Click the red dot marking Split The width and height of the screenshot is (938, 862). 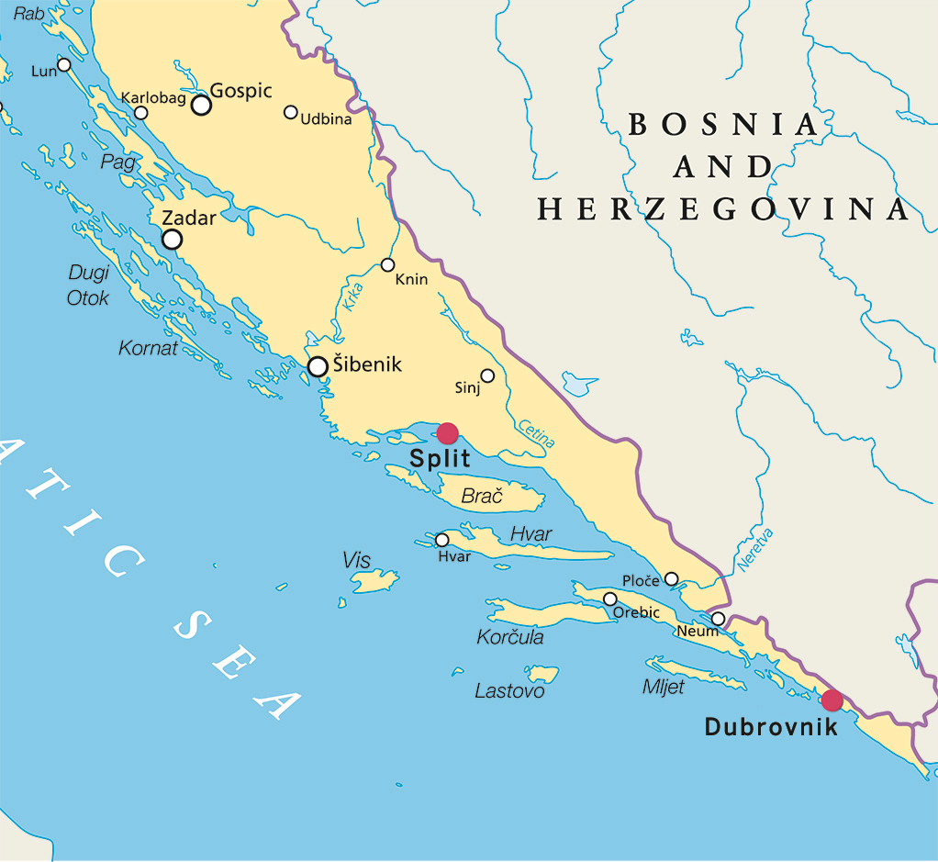coord(447,433)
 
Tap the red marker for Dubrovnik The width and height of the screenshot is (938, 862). coord(832,700)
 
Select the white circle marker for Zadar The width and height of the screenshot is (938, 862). coord(172,240)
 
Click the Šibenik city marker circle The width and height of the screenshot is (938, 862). coord(318,366)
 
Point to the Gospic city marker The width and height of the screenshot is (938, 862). coord(201,105)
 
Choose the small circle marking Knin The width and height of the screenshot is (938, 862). coord(387,265)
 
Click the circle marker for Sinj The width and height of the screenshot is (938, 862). coord(487,375)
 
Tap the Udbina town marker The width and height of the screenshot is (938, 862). coord(291,112)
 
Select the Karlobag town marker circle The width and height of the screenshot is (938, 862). coord(141,113)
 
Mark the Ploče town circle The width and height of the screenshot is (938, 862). coord(671,578)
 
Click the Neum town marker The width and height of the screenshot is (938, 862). coord(718,619)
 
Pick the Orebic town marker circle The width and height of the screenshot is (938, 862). coord(609,599)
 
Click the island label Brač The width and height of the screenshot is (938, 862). coord(482,497)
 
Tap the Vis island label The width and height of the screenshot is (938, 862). coord(356,559)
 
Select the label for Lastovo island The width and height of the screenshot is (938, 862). coord(509,691)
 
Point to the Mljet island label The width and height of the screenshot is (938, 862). coord(663,687)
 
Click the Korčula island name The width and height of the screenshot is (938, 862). coord(510,637)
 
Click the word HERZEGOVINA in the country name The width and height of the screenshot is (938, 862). coord(723,209)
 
